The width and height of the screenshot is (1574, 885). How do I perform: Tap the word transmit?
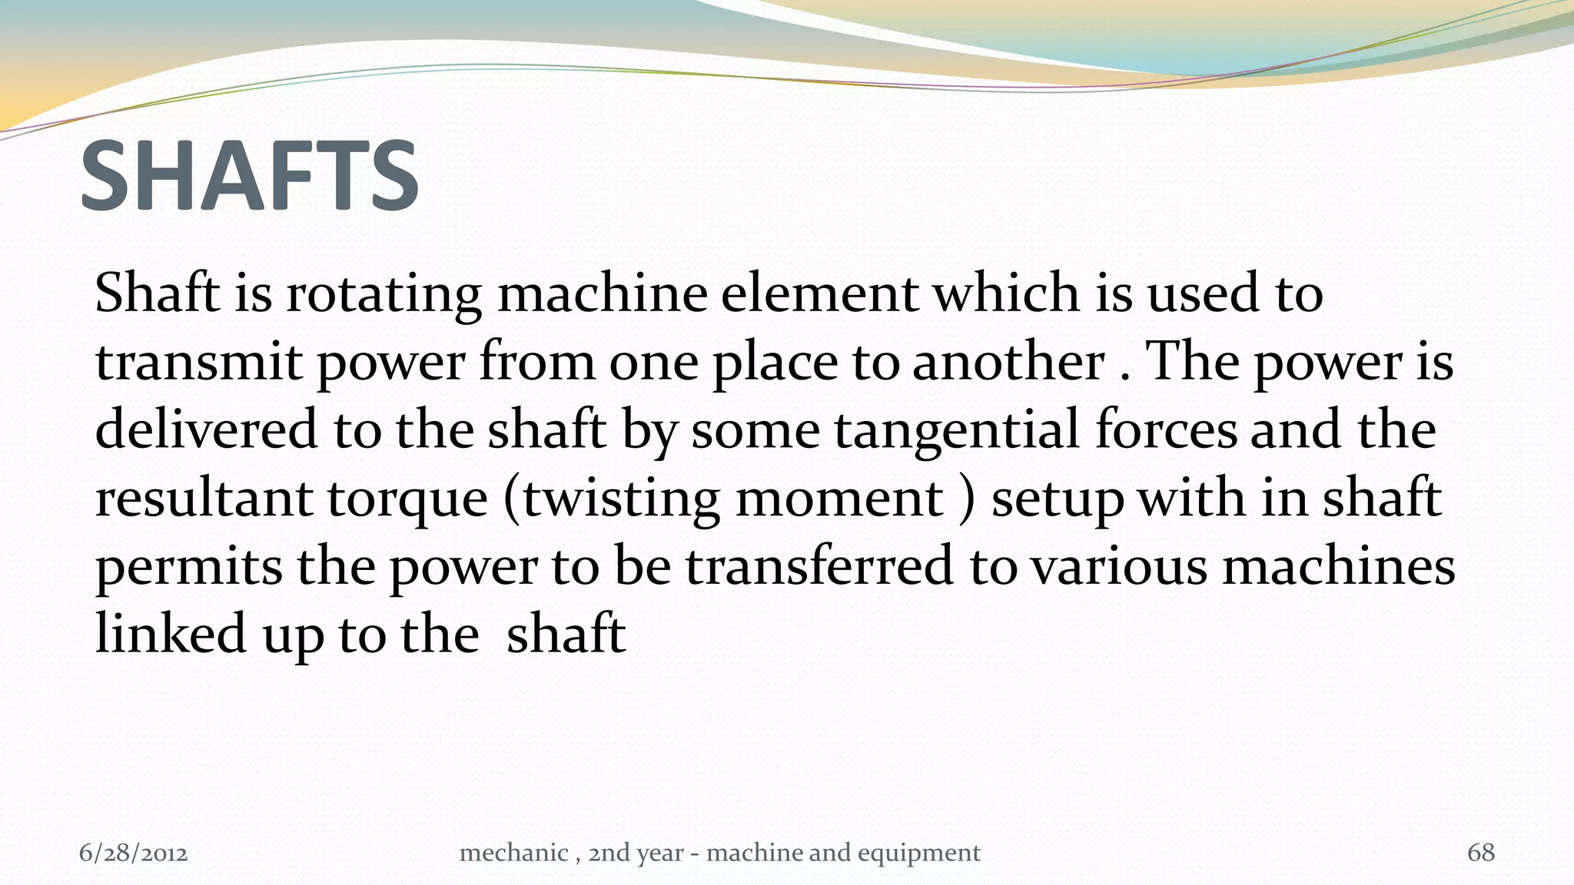pos(198,362)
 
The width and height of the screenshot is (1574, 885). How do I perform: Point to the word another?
pos(1008,362)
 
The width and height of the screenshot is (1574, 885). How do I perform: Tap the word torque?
pos(408,500)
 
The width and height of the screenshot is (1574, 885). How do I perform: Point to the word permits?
pos(188,567)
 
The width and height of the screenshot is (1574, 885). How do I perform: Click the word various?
pos(1118,567)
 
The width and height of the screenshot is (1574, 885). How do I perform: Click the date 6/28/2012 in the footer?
pos(134,853)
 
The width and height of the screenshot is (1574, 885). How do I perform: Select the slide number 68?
pos(1481,853)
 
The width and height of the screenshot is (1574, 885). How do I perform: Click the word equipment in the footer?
pos(919,854)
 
